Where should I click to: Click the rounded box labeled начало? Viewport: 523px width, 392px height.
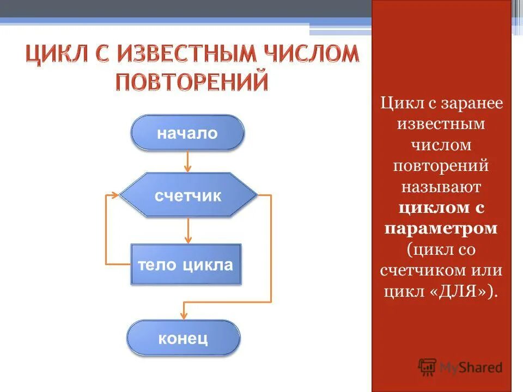click(187, 133)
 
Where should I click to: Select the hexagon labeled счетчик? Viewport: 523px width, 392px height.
click(188, 196)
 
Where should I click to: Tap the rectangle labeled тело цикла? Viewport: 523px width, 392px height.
click(185, 265)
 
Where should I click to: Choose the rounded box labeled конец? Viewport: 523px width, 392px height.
click(183, 338)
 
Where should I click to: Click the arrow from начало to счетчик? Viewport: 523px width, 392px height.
click(188, 161)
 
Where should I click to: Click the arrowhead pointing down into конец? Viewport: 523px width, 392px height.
click(184, 315)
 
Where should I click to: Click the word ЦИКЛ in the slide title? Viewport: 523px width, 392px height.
click(59, 56)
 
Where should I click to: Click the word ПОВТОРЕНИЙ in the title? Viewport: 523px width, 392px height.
click(192, 82)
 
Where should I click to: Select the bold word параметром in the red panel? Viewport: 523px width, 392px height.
click(441, 228)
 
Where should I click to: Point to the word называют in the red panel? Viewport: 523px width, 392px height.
click(441, 187)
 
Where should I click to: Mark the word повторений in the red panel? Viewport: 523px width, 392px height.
click(441, 166)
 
